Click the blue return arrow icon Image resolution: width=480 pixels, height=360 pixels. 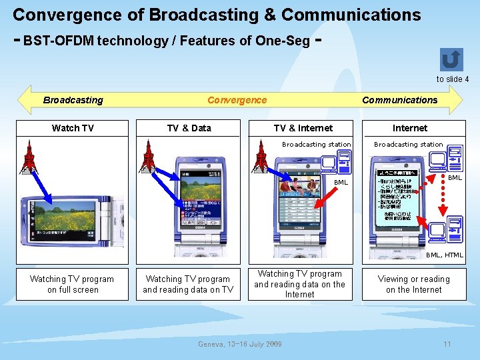tap(451, 59)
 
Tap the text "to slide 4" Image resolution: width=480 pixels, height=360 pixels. tap(453, 79)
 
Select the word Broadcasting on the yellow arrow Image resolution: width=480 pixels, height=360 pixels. tap(73, 100)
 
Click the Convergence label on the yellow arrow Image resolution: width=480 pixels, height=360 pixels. tap(237, 100)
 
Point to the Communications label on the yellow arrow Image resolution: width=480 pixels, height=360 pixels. tap(399, 100)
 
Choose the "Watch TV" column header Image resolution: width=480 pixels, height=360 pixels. tap(73, 128)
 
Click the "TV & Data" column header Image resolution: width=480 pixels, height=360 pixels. tap(189, 128)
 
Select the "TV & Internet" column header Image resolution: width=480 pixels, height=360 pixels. tap(303, 128)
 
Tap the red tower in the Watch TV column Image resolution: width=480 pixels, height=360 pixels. tap(29, 157)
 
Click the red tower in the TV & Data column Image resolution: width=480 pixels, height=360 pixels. tap(148, 157)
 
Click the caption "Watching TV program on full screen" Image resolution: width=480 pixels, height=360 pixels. tap(72, 284)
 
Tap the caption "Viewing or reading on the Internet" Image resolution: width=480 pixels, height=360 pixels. tap(413, 284)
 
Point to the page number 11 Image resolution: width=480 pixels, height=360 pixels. tap(447, 344)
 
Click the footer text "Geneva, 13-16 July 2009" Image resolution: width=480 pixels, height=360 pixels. tap(240, 344)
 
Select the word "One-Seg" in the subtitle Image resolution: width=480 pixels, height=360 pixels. tap(287, 41)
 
